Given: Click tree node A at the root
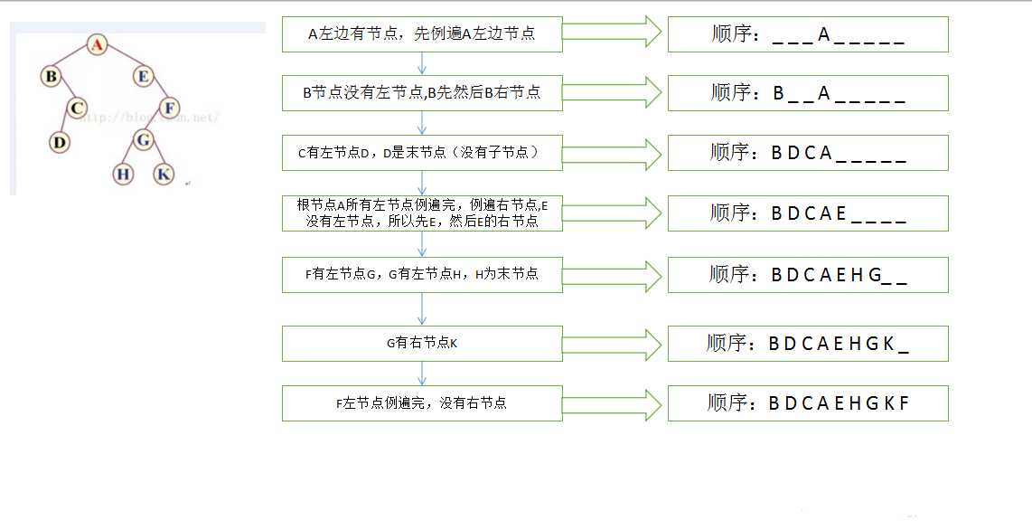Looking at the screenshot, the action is click(97, 44).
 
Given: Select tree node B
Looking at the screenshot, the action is click(51, 76).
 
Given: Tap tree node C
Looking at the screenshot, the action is click(77, 108).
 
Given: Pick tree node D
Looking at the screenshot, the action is click(60, 142).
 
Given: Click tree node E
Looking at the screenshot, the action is click(143, 76).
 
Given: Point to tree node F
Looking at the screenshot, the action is click(169, 108).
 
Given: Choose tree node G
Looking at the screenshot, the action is click(143, 139).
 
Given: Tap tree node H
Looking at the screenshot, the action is click(123, 174).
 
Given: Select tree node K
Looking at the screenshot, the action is click(164, 174).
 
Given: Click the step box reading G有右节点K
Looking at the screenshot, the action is click(422, 343).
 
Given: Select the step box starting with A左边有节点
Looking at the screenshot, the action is click(422, 34).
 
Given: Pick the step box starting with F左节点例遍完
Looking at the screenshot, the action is click(422, 403).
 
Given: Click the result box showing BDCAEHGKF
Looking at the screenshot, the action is click(808, 403).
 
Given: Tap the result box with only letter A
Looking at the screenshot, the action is click(808, 34).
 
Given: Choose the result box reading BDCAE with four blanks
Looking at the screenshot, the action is click(808, 213).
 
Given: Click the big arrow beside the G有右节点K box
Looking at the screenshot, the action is click(612, 344).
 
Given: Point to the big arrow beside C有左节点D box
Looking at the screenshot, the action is click(612, 154).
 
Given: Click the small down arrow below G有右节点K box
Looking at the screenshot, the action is click(422, 374).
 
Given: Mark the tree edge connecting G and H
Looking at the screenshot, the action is click(132, 156).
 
